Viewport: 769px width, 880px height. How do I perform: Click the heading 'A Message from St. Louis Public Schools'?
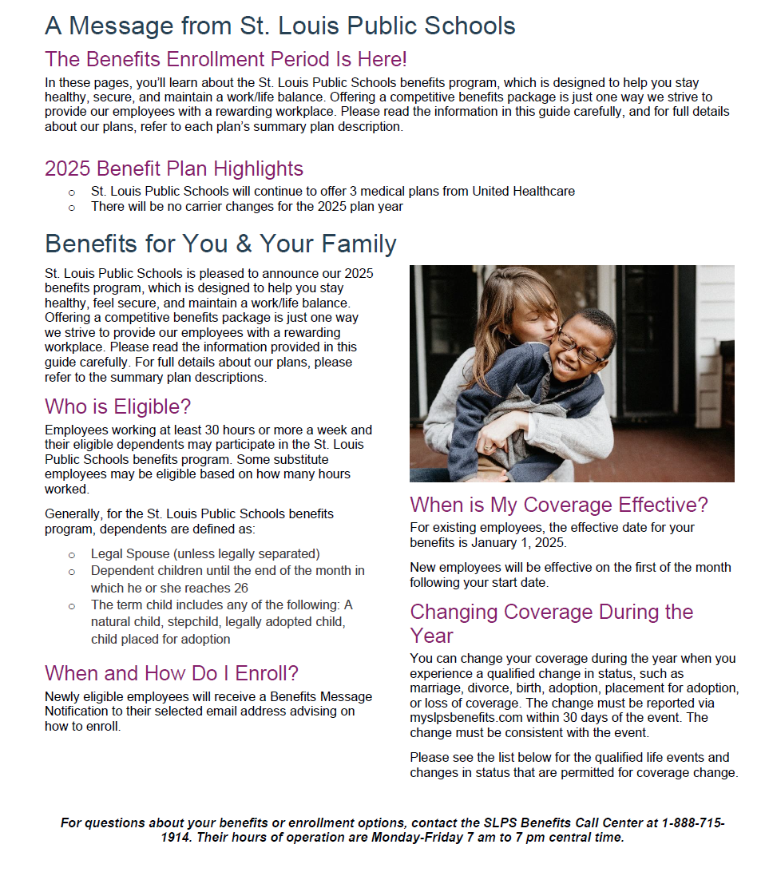pos(279,26)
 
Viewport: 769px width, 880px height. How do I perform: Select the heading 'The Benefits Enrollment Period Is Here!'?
pos(226,59)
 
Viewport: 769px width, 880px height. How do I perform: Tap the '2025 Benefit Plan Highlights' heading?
pos(174,168)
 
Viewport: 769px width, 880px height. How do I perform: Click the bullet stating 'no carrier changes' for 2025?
pos(247,207)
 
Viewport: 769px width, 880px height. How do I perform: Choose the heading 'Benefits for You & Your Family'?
pos(220,243)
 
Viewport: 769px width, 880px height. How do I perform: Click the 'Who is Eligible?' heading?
pos(117,406)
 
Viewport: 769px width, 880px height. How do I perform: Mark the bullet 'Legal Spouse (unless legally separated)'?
pos(204,553)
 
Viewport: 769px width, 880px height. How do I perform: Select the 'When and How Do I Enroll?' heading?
pos(172,672)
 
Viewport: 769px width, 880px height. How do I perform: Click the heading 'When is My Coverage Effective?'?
pos(559,505)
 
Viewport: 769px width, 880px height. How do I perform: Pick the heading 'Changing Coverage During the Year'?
pos(551,623)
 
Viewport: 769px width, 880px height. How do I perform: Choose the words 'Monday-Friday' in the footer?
pos(411,838)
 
